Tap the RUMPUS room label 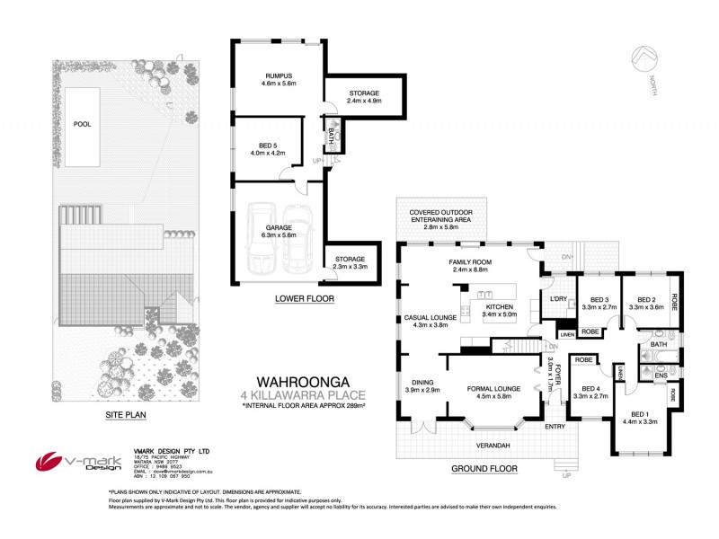pyautogui.click(x=267, y=76)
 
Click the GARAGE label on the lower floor pyautogui.click(x=278, y=228)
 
